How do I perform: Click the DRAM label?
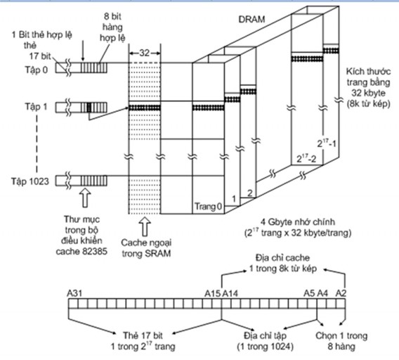[251, 20]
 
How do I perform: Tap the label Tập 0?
[36, 70]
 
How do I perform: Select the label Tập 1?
[36, 106]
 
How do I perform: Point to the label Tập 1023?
[30, 181]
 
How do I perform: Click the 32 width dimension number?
[144, 53]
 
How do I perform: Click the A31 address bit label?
[74, 293]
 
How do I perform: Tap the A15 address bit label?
[212, 293]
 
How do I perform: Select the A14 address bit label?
[230, 293]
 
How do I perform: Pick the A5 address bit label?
[309, 293]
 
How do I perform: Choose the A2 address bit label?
[341, 293]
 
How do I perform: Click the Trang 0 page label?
[209, 207]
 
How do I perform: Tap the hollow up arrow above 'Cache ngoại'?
[145, 226]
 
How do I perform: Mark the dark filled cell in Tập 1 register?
[89, 107]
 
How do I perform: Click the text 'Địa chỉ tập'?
[265, 335]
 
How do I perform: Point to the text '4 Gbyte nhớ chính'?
[298, 222]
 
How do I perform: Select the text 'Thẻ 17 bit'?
[143, 335]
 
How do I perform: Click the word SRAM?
[157, 254]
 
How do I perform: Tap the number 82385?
[95, 252]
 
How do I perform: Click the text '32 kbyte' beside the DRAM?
[369, 93]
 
